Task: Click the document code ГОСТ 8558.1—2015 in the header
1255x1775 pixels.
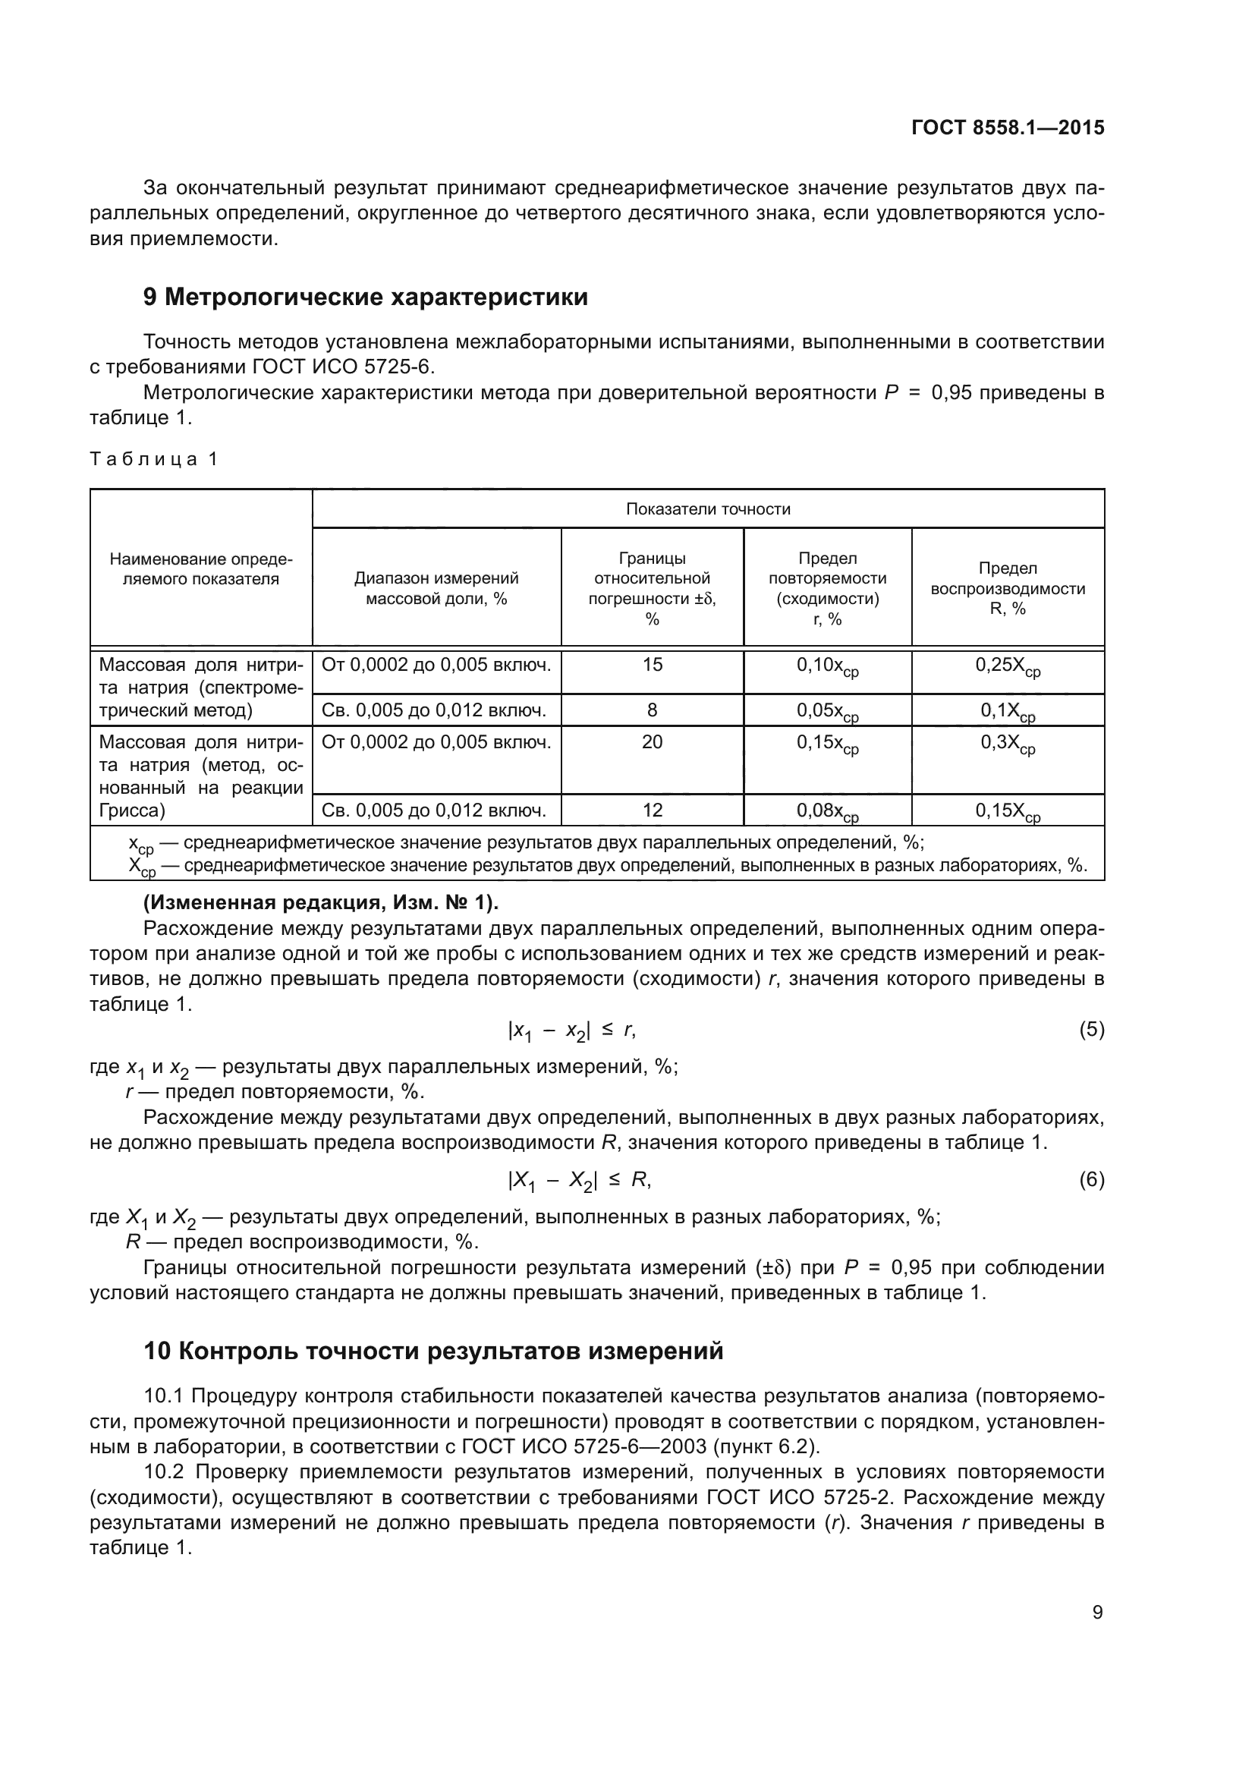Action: (1007, 127)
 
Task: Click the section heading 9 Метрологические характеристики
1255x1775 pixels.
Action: (365, 297)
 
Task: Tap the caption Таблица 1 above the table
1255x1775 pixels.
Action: (154, 459)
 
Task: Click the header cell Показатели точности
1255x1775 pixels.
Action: (707, 508)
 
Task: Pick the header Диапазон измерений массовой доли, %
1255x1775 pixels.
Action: (436, 588)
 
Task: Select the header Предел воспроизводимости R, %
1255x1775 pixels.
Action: (1007, 588)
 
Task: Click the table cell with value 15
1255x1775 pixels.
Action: (652, 665)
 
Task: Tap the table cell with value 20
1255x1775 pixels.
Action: (652, 742)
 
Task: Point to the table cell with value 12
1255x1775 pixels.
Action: (652, 810)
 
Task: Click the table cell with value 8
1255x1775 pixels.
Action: (652, 710)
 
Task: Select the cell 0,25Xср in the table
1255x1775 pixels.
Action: (1007, 666)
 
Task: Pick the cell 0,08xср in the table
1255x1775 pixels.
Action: (827, 812)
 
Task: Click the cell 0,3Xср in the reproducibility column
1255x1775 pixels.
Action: (1007, 744)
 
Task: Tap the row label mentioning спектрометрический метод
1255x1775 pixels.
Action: (201, 688)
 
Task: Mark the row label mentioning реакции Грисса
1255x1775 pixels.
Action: (201, 776)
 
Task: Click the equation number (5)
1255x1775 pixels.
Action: (1091, 1030)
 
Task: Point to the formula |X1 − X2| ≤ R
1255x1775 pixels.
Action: (579, 1181)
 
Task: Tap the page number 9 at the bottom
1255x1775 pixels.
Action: (1097, 1613)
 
